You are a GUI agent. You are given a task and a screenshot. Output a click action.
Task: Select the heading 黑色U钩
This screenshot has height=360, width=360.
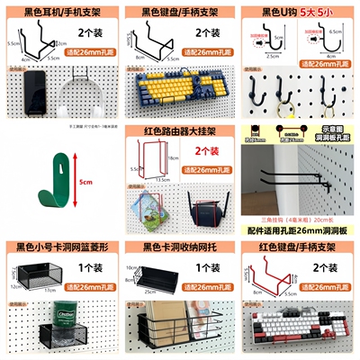288,13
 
